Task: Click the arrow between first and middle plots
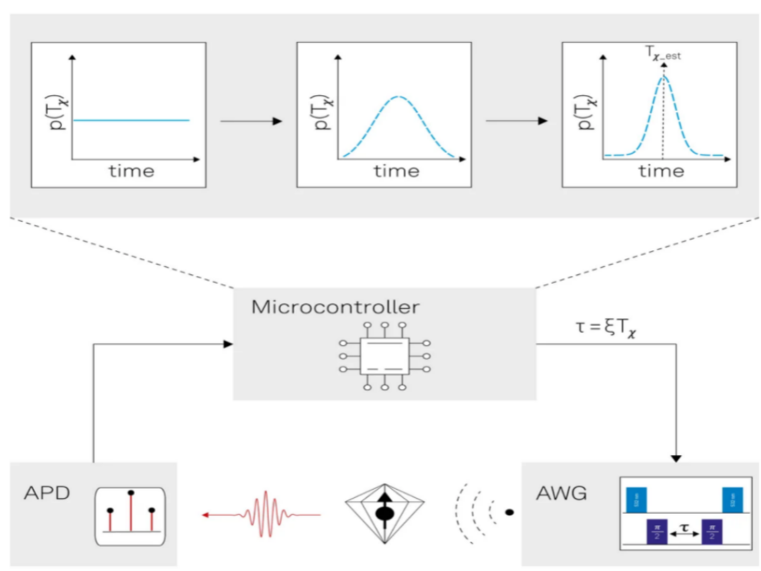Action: click(251, 121)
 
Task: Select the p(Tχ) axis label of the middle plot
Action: click(317, 113)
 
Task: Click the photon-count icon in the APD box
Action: click(130, 515)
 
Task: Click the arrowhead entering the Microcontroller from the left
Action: click(227, 344)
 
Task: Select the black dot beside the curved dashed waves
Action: click(509, 511)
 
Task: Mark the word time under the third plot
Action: click(661, 171)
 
